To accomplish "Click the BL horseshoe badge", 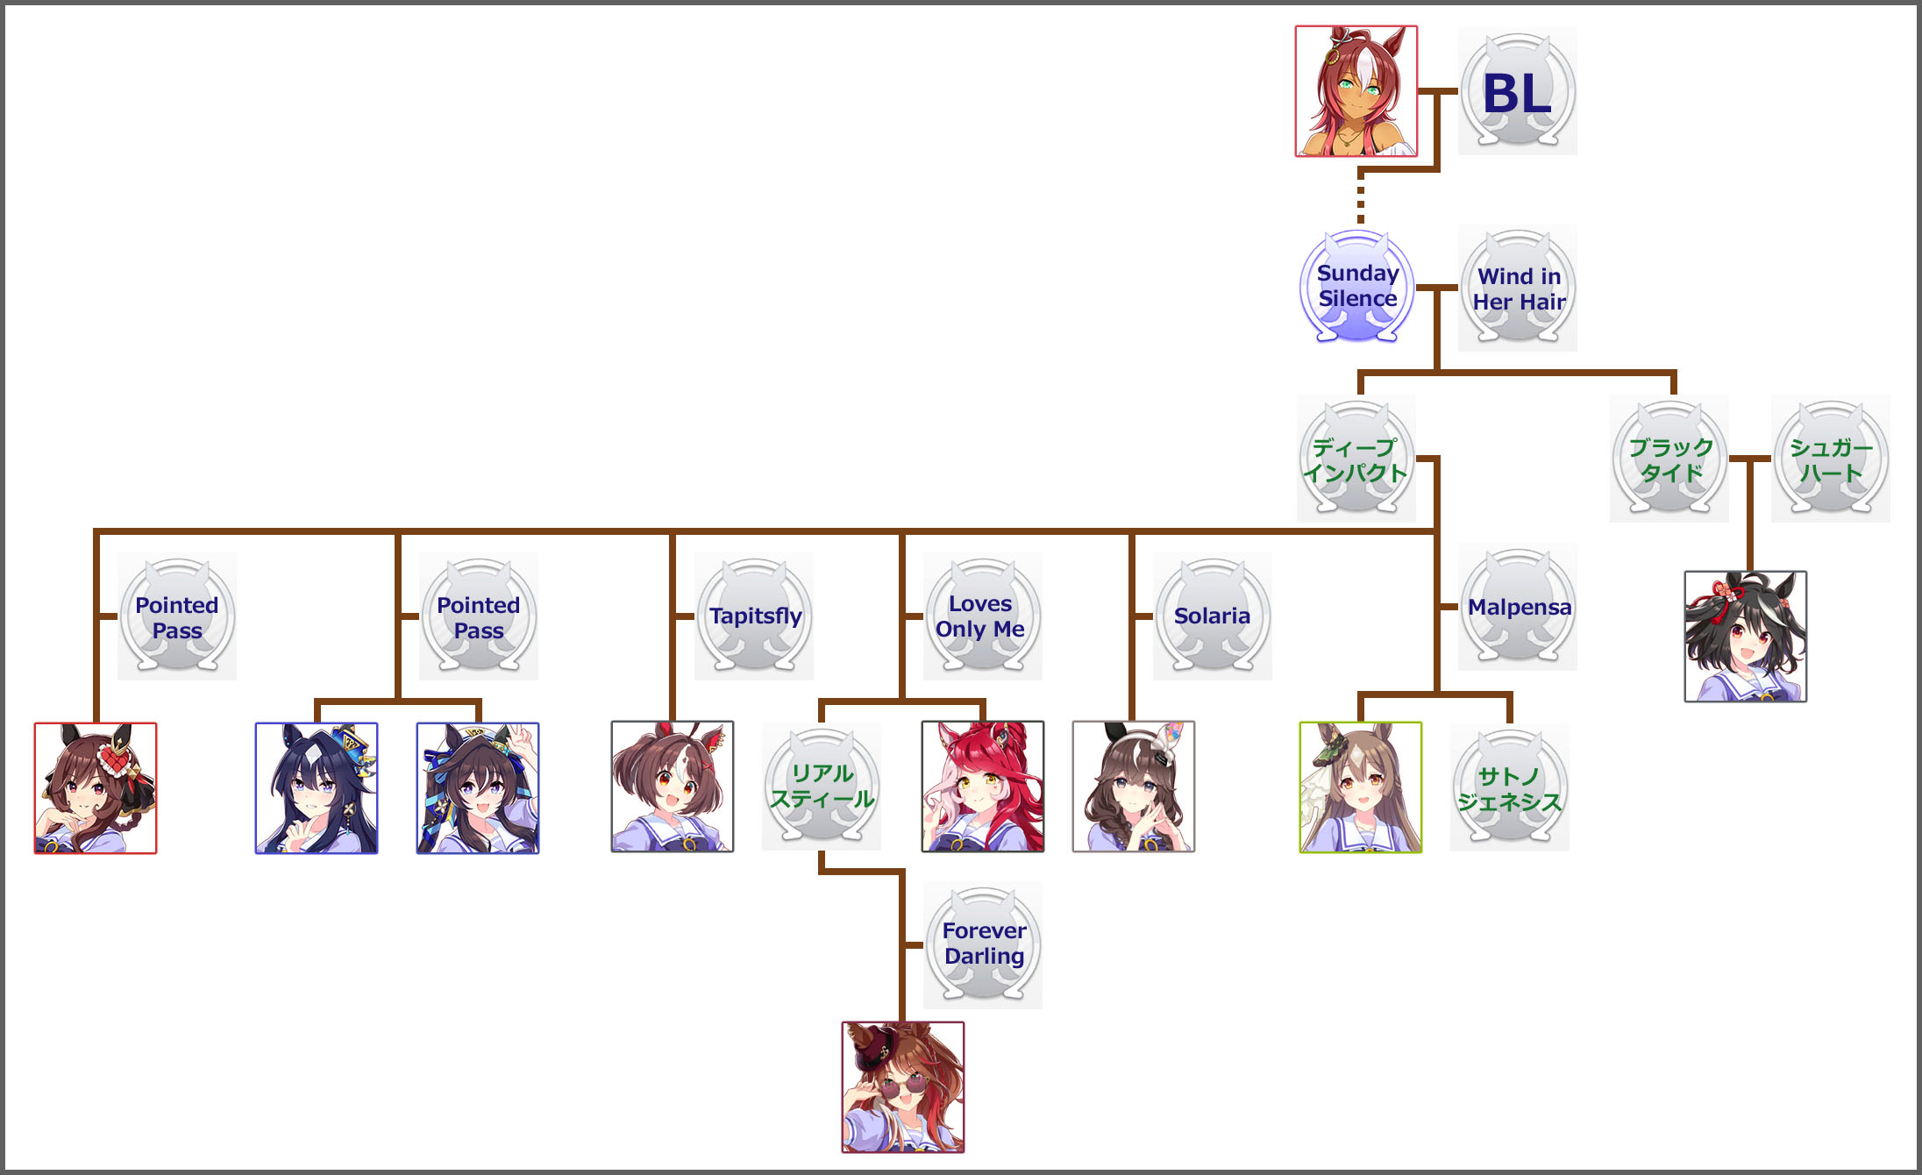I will pos(1517,92).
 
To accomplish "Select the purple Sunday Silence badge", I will pos(1357,287).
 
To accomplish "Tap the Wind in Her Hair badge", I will pos(1518,288).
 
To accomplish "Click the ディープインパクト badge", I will pos(1356,459).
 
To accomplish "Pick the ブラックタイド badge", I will pos(1669,459).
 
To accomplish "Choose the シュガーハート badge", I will pos(1831,459).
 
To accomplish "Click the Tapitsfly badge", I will pos(754,616).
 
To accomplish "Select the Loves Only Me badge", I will pos(982,616).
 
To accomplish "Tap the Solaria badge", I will pos(1212,616).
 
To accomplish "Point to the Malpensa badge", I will pos(1518,607).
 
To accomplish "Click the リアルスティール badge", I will pos(822,787).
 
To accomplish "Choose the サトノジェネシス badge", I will pos(1509,788).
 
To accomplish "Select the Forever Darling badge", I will pos(983,944).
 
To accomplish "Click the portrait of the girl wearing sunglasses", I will pos(903,1087).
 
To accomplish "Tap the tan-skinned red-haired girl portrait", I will pos(1356,91).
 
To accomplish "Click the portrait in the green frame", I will pos(1361,787).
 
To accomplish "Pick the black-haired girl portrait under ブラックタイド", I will pos(1746,637).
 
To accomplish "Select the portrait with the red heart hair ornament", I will pos(96,788).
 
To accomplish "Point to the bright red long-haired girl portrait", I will pos(983,787).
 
